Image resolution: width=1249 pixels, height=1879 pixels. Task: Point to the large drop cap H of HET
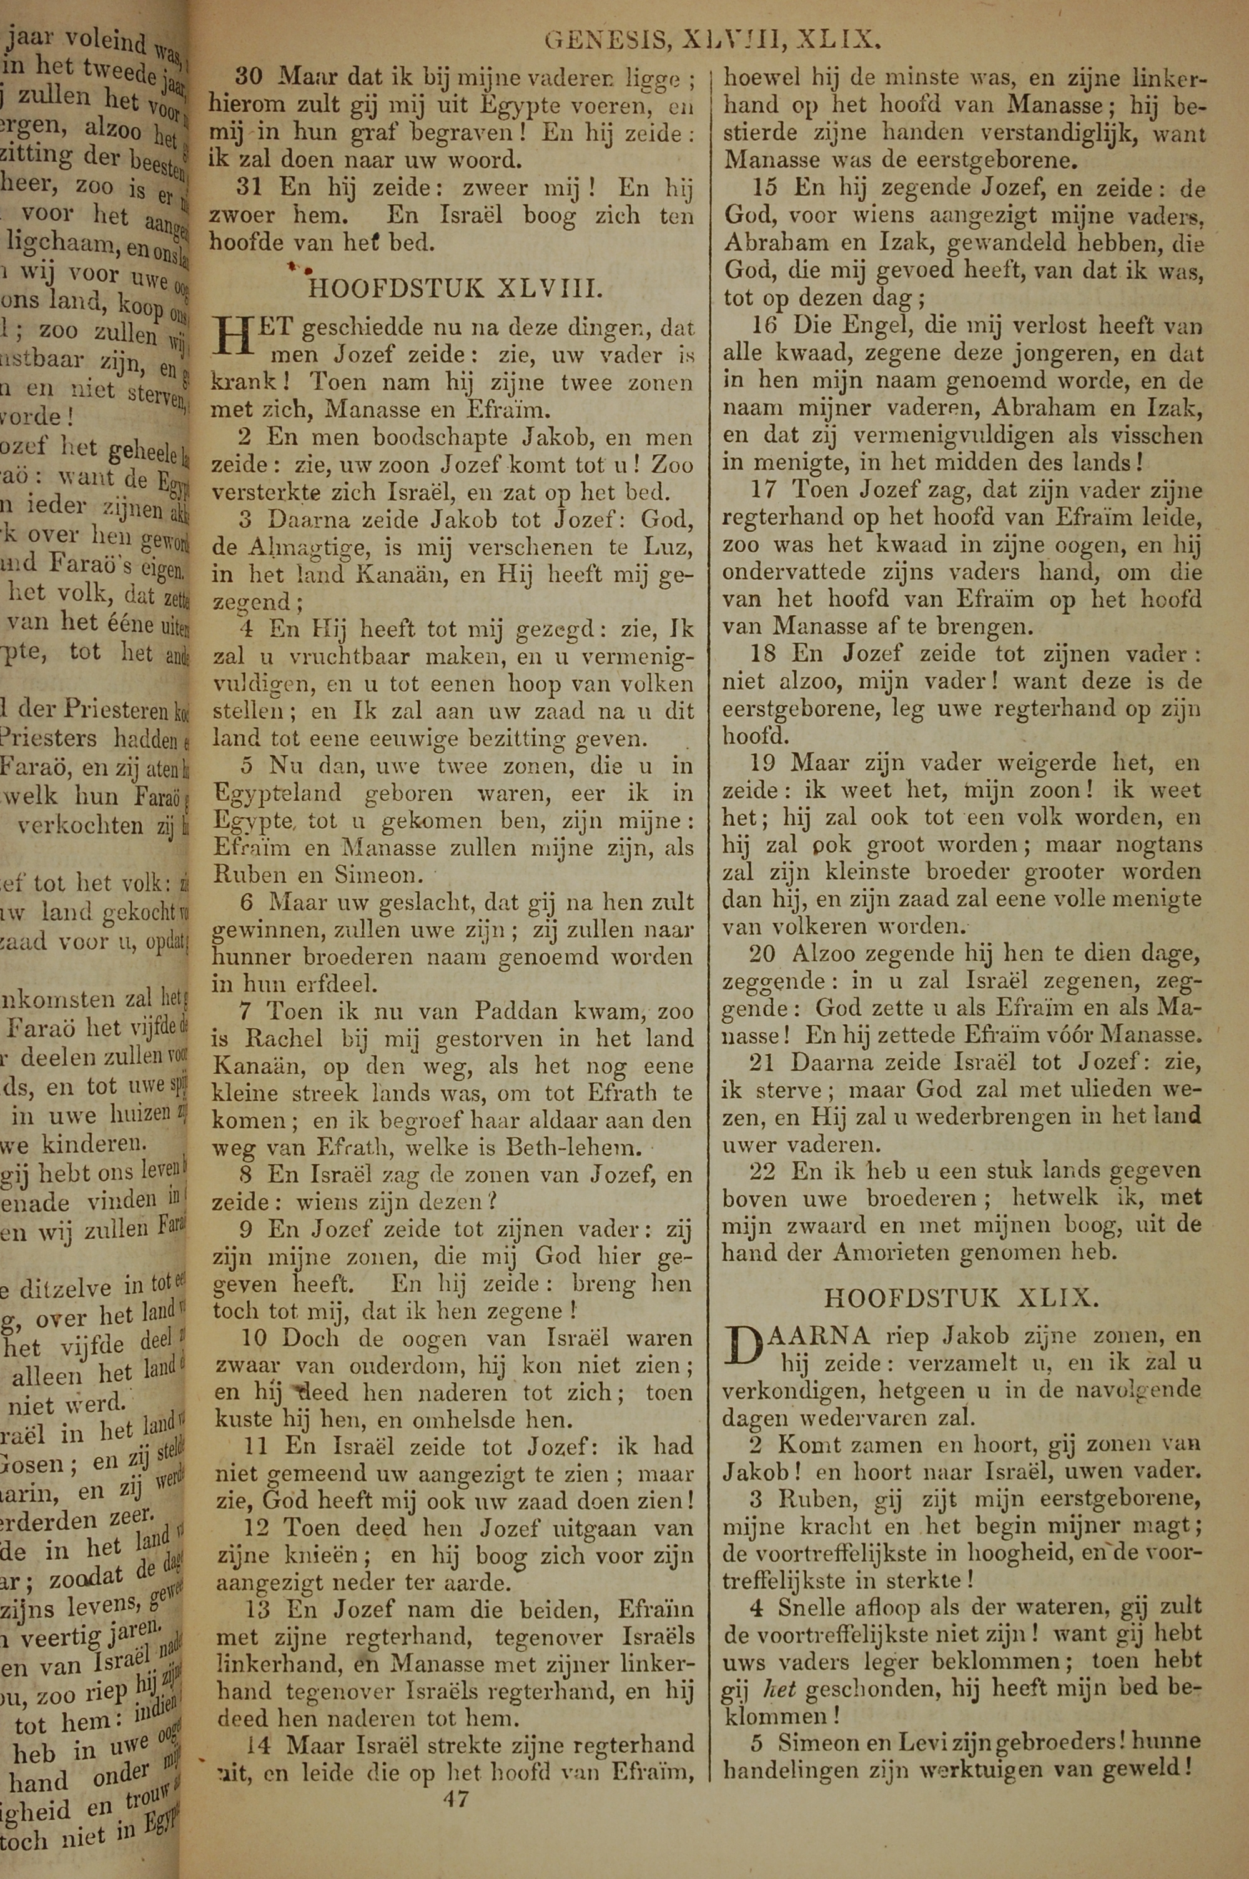pos(234,338)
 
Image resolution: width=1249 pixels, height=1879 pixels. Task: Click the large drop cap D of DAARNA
pos(744,1346)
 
